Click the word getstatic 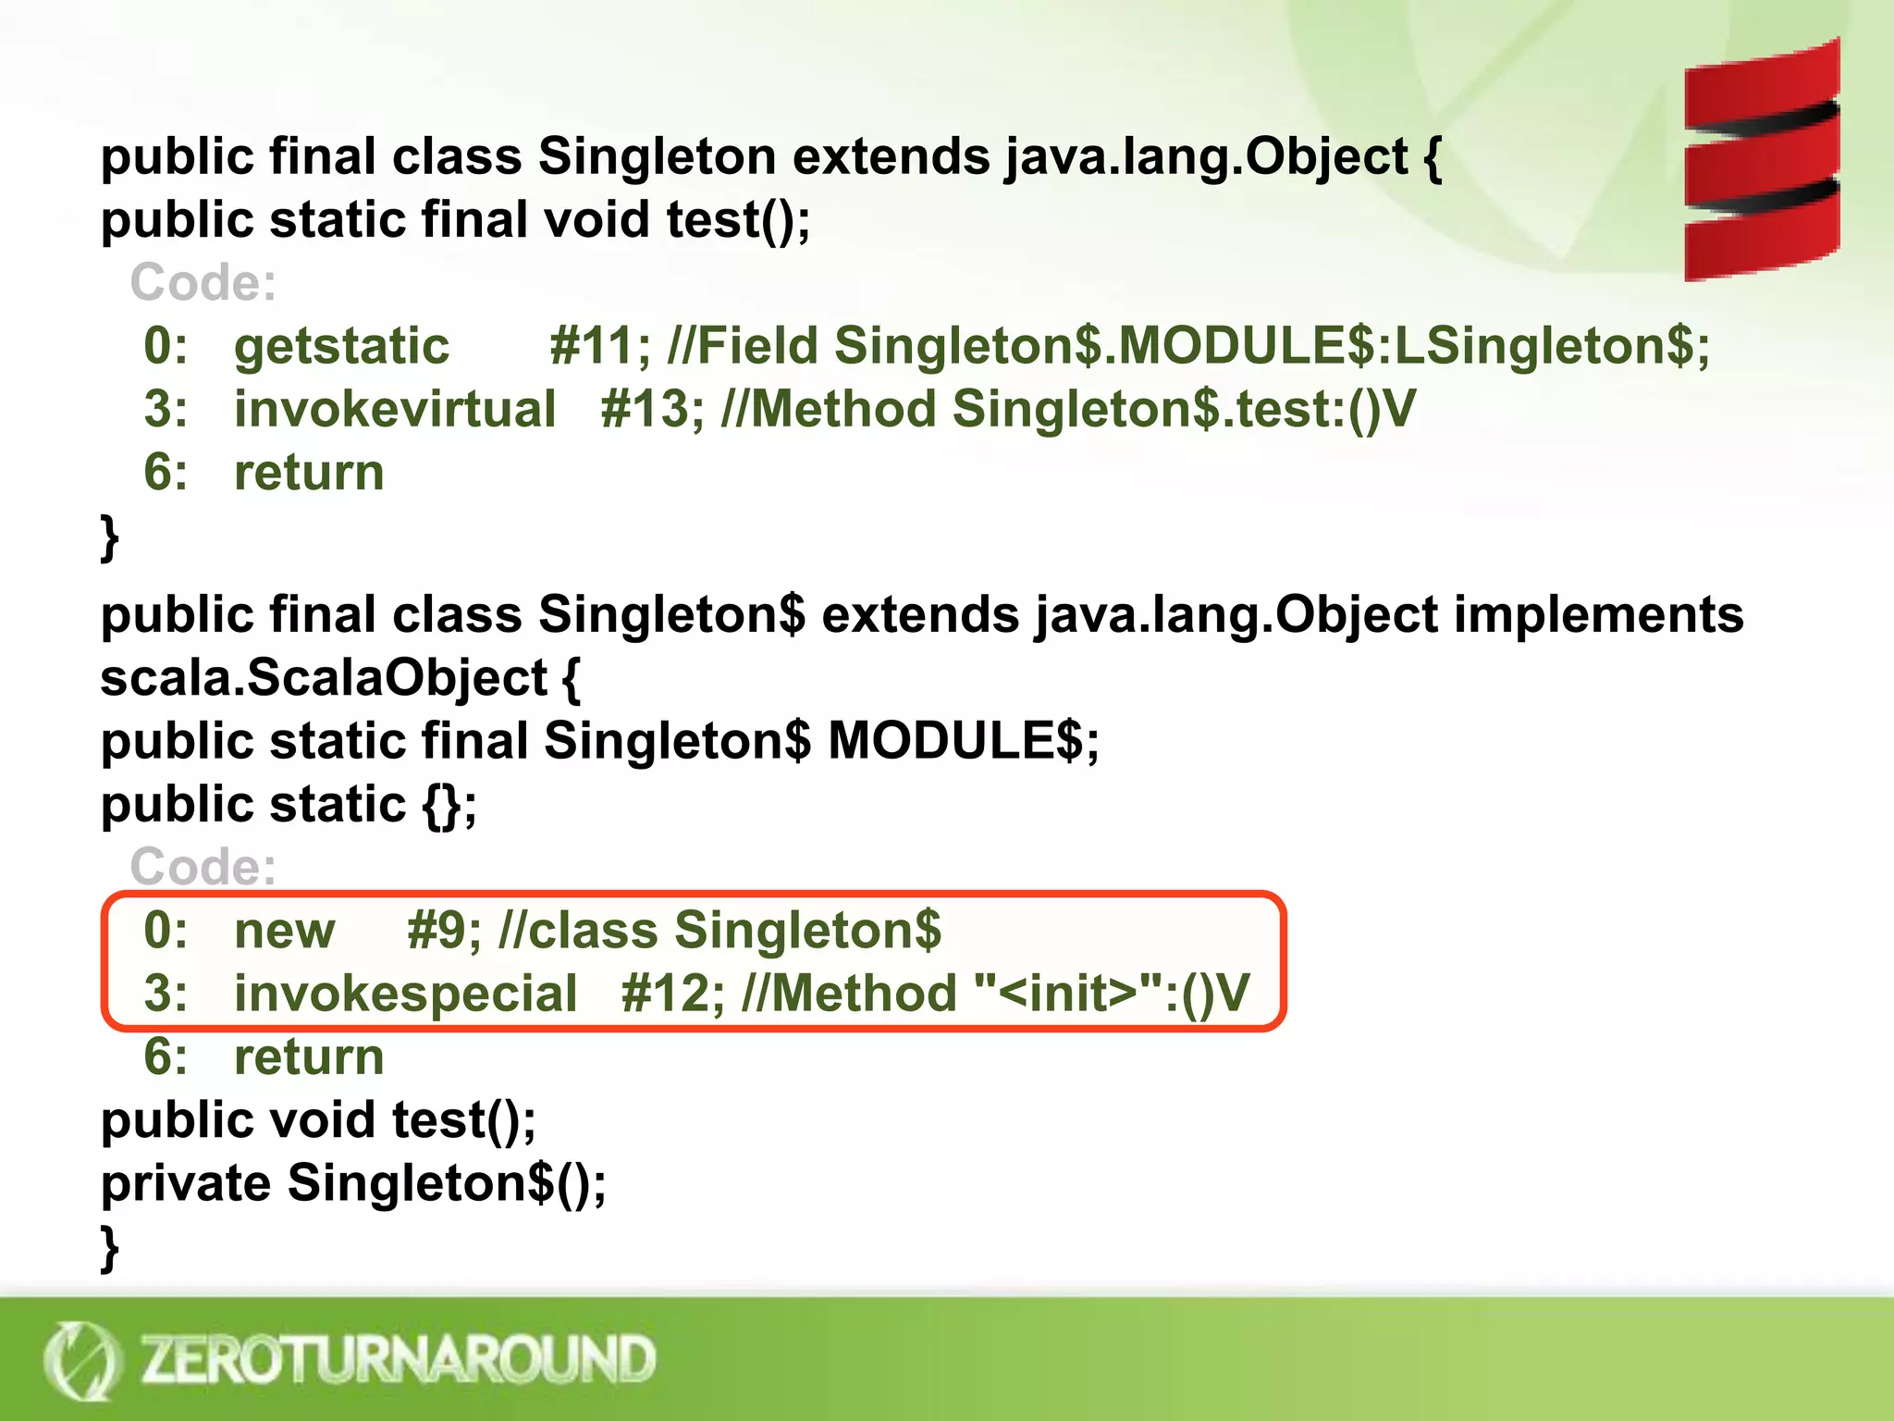(x=341, y=346)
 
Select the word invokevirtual (x=395, y=409)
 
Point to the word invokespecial (x=405, y=994)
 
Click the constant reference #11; (x=600, y=346)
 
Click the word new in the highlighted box (x=284, y=930)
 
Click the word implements (x=1598, y=615)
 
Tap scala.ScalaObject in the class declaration (x=324, y=678)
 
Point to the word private (x=185, y=1183)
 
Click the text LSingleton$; (x=1552, y=346)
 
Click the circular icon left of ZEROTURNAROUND (x=81, y=1361)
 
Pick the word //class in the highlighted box (x=577, y=930)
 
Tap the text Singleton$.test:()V (x=1184, y=409)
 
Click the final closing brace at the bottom (x=110, y=1249)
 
